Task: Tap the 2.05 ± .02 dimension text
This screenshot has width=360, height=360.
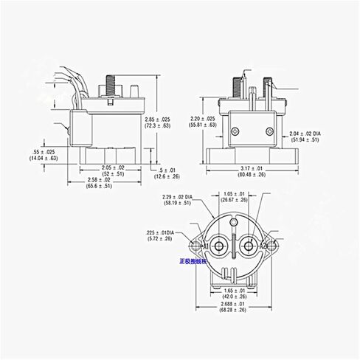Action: click(113, 167)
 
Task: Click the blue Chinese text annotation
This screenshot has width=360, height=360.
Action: click(195, 260)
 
